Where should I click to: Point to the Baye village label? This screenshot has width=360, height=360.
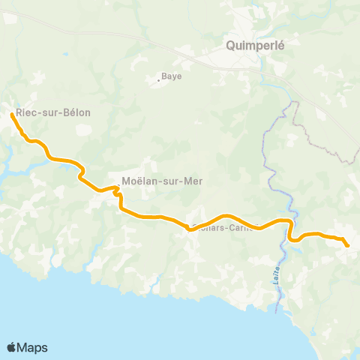(172, 76)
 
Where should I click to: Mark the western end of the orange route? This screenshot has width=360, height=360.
(13, 115)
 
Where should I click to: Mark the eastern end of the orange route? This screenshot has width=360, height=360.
(347, 244)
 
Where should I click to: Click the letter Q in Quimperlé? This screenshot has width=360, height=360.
(230, 44)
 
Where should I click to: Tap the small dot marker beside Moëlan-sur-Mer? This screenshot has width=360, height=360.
(118, 181)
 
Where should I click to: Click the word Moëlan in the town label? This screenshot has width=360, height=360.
(139, 180)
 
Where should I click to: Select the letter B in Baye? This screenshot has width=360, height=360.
(165, 76)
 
